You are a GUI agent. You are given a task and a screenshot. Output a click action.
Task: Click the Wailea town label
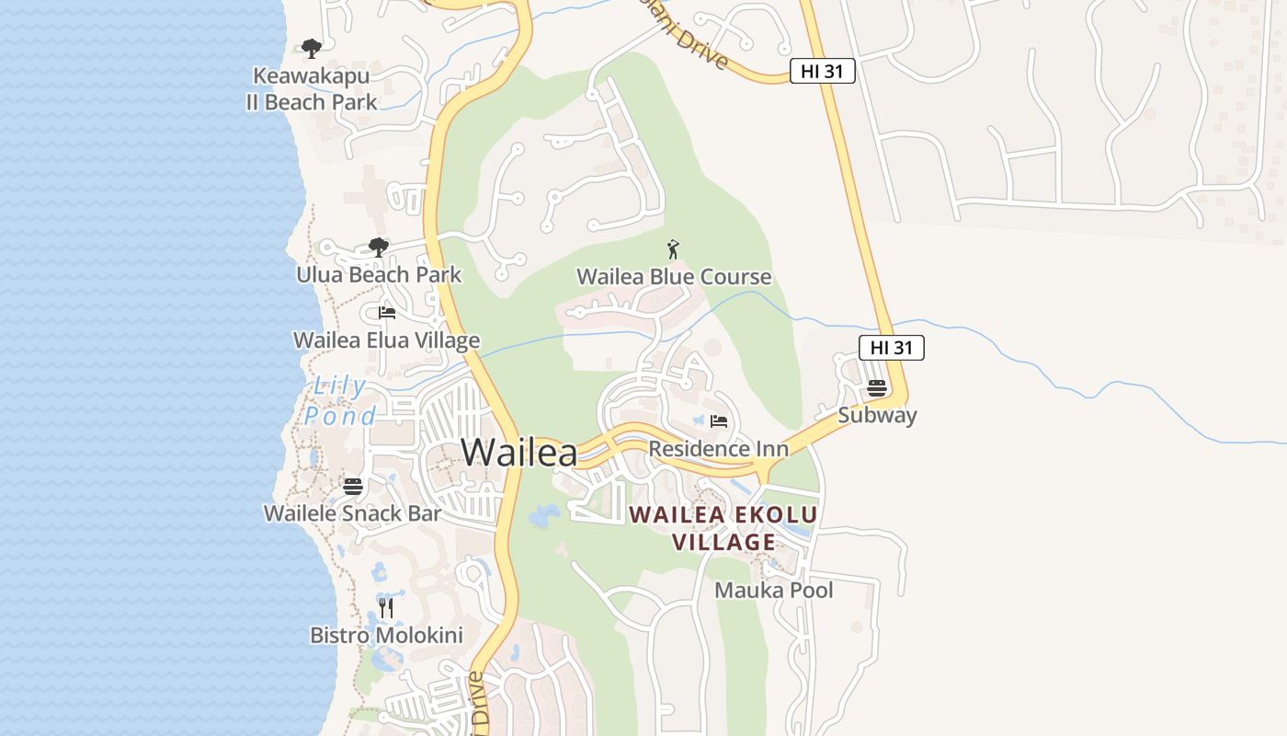coord(519,452)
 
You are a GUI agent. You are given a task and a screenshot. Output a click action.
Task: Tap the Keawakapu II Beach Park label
coord(312,88)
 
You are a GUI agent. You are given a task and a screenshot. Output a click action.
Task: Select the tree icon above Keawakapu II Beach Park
coord(312,48)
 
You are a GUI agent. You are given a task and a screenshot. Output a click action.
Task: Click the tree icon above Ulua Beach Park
coord(378,247)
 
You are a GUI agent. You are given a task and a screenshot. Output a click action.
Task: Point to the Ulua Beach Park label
coord(379,275)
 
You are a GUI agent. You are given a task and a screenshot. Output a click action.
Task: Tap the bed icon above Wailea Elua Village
coord(386,313)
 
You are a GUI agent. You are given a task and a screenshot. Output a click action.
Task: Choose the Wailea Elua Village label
coord(386,340)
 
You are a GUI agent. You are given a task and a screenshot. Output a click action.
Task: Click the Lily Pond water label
coord(340,401)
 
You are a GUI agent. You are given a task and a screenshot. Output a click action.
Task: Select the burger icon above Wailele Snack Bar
coord(353,486)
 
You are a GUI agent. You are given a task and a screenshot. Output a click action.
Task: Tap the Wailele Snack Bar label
coord(353,513)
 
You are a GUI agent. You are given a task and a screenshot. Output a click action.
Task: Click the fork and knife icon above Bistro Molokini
coord(386,607)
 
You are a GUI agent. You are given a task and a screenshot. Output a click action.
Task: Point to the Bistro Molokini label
coord(386,635)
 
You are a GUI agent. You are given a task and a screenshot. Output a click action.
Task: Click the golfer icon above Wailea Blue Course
coord(673,248)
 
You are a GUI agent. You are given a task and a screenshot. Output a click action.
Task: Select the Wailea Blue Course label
coord(674,277)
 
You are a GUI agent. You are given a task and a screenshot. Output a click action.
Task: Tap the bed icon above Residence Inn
coord(719,421)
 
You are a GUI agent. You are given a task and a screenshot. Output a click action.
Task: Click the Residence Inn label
coord(719,449)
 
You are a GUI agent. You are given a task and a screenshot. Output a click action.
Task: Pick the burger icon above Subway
coord(877,387)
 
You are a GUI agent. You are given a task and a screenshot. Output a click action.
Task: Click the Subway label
coord(877,415)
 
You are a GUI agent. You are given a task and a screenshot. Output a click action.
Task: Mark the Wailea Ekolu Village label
coord(723,528)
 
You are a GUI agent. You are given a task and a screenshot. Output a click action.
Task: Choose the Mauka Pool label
coord(774,590)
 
